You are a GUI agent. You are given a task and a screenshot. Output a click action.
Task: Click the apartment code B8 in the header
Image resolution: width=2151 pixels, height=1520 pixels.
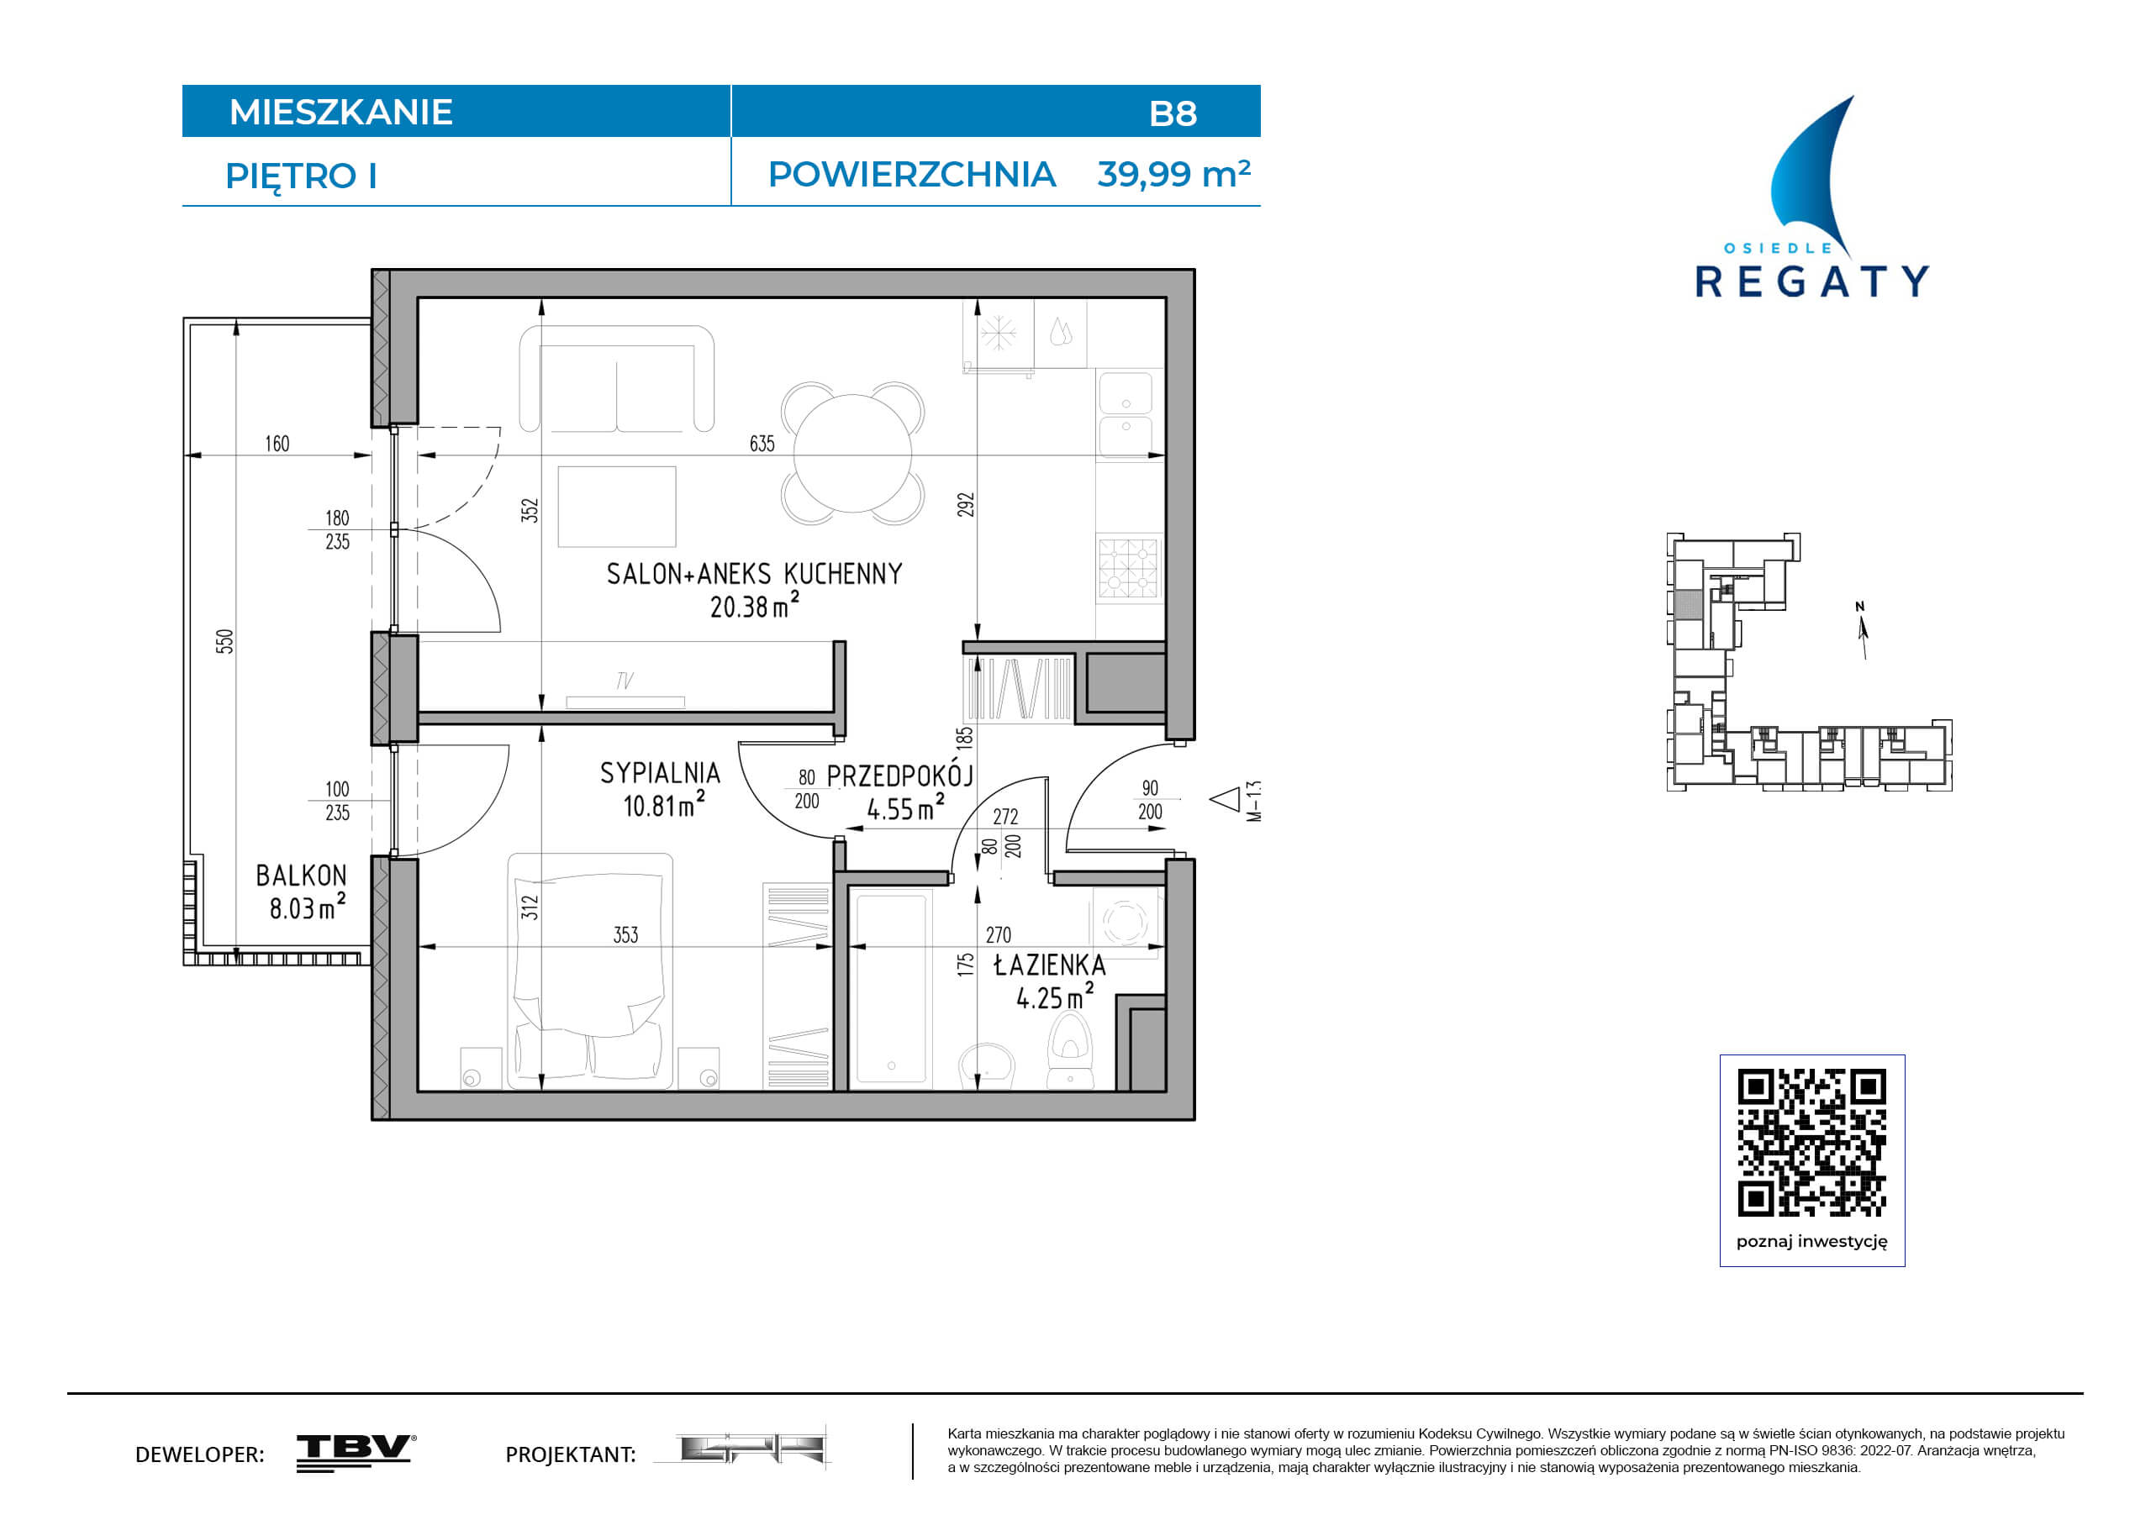[1172, 113]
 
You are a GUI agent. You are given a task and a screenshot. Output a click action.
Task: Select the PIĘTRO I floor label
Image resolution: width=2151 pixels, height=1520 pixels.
[301, 176]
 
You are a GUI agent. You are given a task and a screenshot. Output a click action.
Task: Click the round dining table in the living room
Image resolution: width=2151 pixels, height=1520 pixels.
[852, 453]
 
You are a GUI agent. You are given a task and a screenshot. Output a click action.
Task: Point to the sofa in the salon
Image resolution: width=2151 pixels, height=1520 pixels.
[616, 378]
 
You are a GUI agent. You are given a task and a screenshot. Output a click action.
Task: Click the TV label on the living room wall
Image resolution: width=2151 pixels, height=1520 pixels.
[625, 681]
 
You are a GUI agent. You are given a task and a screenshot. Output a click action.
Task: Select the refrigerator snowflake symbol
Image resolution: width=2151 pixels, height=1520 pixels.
[998, 333]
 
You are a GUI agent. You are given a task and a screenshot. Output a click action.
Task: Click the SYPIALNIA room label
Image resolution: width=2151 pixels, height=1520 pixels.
[660, 774]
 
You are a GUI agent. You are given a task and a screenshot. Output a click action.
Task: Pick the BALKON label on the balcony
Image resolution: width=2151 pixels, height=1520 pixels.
[301, 876]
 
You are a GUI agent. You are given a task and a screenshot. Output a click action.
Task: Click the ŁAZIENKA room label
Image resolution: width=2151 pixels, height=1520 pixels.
[1049, 965]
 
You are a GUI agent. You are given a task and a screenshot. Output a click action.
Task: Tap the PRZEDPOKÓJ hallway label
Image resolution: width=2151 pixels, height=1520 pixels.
[900, 775]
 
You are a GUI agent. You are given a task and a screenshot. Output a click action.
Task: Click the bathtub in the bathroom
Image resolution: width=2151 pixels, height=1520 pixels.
[890, 988]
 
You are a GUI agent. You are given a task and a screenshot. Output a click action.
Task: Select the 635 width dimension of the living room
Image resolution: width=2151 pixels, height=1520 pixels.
[762, 444]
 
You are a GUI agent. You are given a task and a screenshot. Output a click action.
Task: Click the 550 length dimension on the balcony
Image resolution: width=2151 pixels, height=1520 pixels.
[224, 642]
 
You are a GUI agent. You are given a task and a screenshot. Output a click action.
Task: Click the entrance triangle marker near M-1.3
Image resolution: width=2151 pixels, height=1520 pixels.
[1226, 800]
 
